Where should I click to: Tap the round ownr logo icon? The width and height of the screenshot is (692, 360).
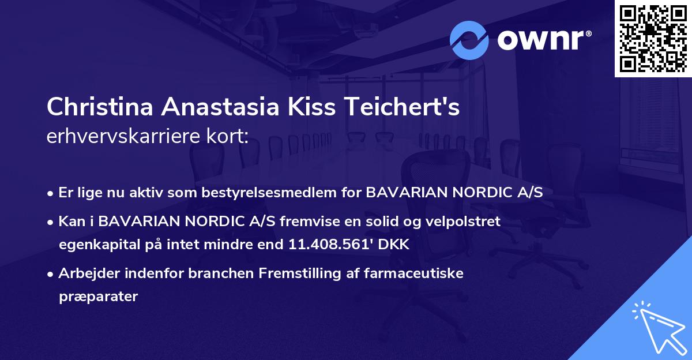(x=469, y=40)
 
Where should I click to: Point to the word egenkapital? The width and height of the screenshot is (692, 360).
(x=97, y=245)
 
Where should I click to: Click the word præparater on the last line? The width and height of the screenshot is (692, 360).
(x=98, y=297)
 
